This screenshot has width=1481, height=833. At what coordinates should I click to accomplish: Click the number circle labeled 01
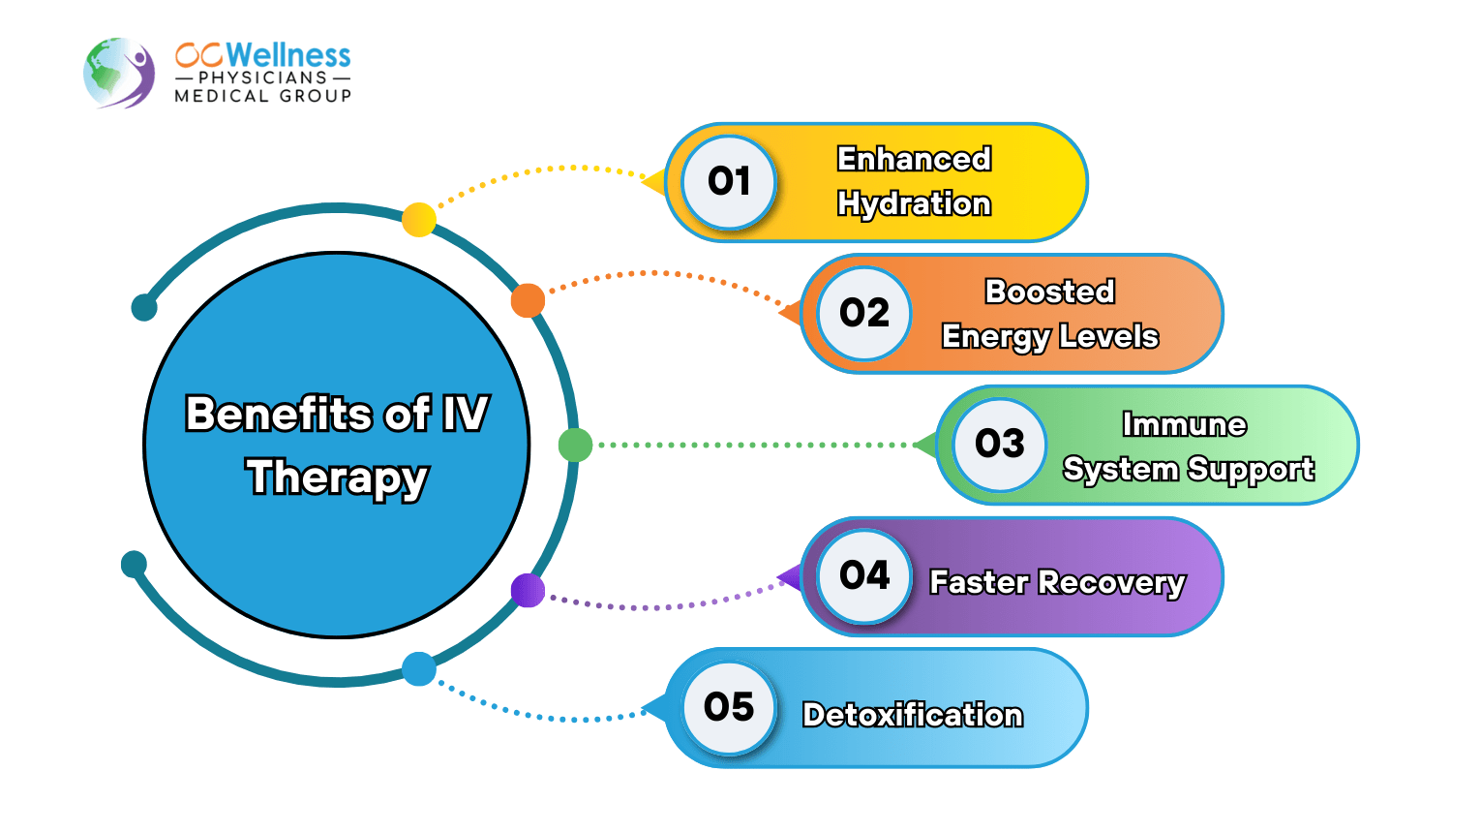tap(729, 182)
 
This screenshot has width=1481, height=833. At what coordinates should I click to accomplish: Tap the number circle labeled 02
tap(864, 313)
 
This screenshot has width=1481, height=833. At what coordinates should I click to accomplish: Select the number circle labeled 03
tap(1000, 445)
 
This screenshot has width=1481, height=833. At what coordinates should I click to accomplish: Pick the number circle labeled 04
tap(864, 576)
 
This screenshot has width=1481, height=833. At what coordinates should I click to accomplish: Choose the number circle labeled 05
tap(729, 707)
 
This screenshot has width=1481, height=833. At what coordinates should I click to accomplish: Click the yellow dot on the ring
tap(419, 220)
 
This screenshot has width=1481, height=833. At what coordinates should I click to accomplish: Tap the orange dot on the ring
tap(528, 301)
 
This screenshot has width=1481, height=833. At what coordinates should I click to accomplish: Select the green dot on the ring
tap(575, 446)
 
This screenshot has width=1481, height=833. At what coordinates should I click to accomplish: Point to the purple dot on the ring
tap(528, 590)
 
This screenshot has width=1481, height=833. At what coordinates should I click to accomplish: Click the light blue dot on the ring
tap(419, 669)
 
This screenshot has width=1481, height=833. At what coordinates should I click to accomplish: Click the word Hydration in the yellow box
tap(914, 204)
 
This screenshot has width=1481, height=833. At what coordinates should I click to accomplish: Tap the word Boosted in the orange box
tap(1050, 292)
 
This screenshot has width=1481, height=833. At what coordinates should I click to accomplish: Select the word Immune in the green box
tap(1184, 424)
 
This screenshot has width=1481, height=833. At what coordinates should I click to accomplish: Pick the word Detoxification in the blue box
tap(913, 715)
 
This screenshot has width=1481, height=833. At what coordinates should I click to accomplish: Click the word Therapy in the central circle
tap(337, 478)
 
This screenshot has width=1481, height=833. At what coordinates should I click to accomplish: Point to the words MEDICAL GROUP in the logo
tap(262, 96)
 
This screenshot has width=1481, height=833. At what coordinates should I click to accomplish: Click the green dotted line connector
tap(755, 446)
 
